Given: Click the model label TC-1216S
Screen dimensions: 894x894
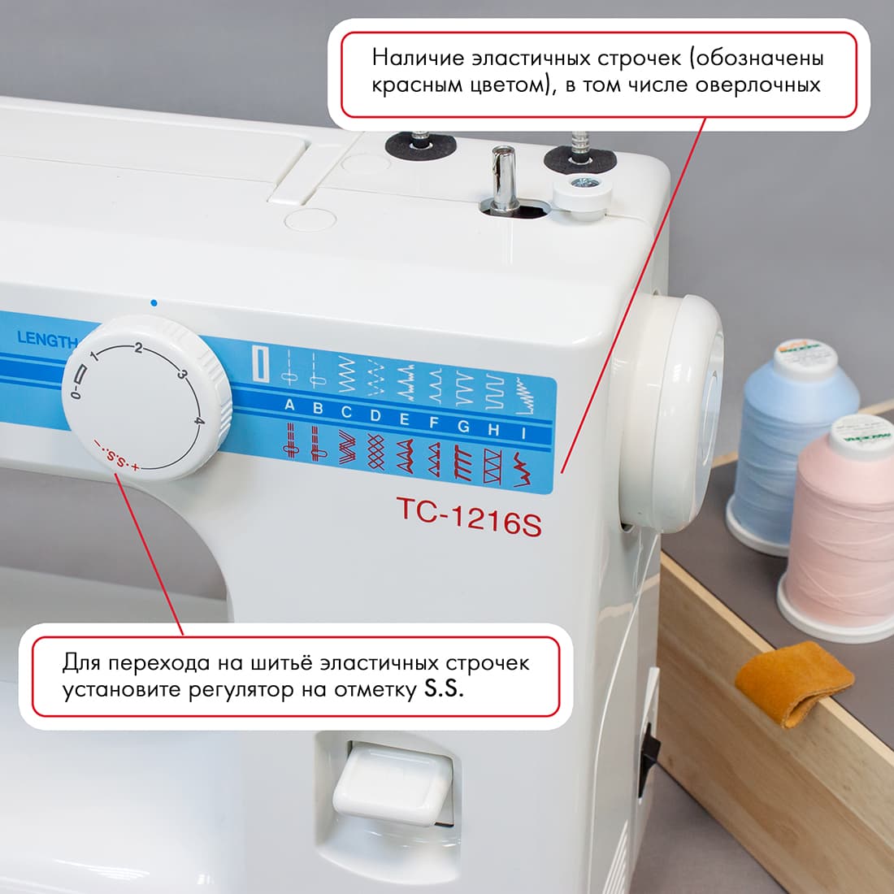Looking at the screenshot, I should [x=469, y=517].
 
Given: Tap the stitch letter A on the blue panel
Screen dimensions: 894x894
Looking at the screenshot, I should [x=289, y=406].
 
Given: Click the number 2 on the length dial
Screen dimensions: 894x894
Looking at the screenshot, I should [x=139, y=348].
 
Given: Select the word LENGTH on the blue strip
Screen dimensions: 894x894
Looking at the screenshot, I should [x=47, y=340].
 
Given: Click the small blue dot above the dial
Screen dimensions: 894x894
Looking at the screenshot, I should [x=154, y=303].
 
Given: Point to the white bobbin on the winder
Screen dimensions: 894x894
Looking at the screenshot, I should [x=579, y=197].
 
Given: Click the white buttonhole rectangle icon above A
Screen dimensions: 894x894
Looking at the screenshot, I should [x=262, y=363].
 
